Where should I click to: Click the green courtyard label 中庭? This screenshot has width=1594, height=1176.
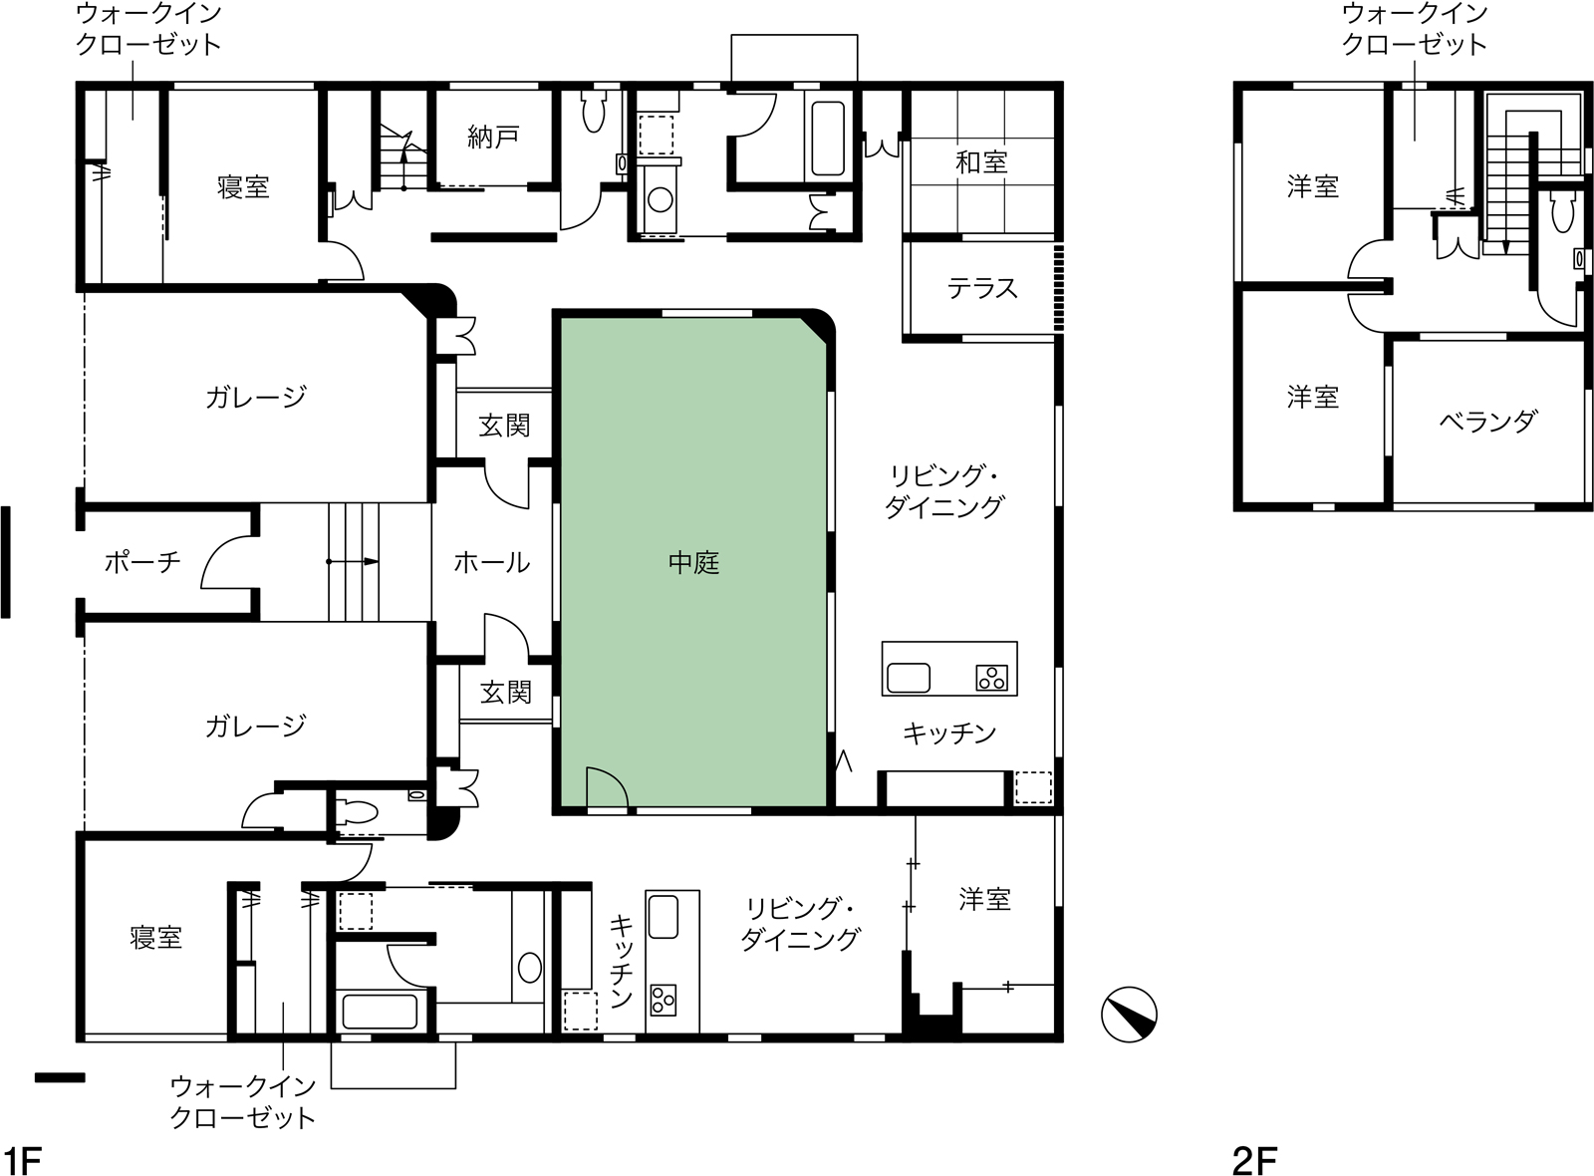693,563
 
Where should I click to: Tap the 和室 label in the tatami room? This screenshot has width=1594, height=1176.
981,163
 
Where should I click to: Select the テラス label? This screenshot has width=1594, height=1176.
982,288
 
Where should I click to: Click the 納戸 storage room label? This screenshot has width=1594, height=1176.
493,137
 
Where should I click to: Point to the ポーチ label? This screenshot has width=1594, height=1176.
142,562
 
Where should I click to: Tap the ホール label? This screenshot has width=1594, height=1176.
492,563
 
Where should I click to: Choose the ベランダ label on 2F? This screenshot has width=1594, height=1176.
1488,422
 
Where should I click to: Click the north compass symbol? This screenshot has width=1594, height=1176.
1129,1015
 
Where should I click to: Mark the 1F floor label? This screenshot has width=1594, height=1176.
21,1160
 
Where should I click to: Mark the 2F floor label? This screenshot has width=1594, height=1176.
1254,1160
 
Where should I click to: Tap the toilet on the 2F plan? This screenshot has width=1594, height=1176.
1563,211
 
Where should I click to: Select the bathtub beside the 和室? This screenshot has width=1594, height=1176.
828,139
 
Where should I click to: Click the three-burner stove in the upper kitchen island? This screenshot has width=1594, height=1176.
992,678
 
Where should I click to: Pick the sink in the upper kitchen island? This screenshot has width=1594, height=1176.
908,678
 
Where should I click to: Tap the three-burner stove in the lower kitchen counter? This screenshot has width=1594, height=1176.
663,1001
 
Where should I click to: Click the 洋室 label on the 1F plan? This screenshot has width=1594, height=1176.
985,900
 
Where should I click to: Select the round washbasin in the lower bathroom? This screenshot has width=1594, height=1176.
529,968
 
